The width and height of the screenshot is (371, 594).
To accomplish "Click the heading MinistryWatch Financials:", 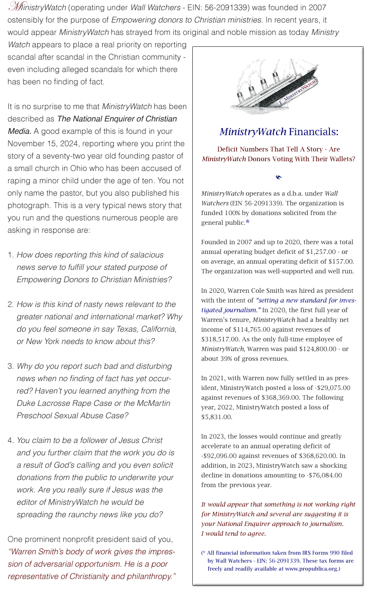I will tap(279, 132).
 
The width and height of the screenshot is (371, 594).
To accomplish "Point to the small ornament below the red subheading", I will tap(278, 178).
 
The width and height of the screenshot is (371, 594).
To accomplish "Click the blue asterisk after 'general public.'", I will tap(248, 222).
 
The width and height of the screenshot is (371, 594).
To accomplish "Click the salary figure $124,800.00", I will tap(318, 349).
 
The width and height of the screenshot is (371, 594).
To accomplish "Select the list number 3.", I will tap(10, 367).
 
